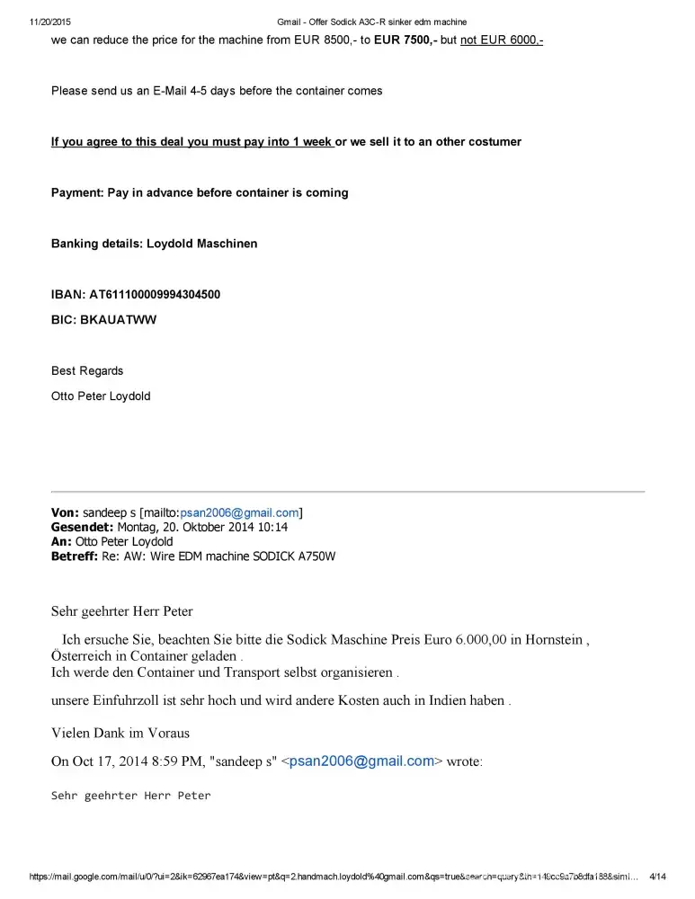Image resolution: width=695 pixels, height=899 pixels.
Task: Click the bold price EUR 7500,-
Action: click(x=405, y=40)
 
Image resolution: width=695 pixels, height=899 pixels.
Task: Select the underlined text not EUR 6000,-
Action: click(x=502, y=40)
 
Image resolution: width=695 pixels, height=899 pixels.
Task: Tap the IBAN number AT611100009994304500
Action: click(x=154, y=294)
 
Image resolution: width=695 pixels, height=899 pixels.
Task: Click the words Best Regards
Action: click(x=87, y=370)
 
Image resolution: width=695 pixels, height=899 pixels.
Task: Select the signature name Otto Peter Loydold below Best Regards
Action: click(x=101, y=396)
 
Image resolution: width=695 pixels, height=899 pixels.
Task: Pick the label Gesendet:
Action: click(x=82, y=528)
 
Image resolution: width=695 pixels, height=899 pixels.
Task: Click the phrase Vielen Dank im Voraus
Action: click(x=120, y=733)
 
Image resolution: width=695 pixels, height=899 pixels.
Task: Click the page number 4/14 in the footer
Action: click(x=657, y=877)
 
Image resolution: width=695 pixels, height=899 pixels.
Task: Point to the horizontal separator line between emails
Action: click(x=348, y=492)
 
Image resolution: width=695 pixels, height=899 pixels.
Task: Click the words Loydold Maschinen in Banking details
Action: click(x=202, y=244)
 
